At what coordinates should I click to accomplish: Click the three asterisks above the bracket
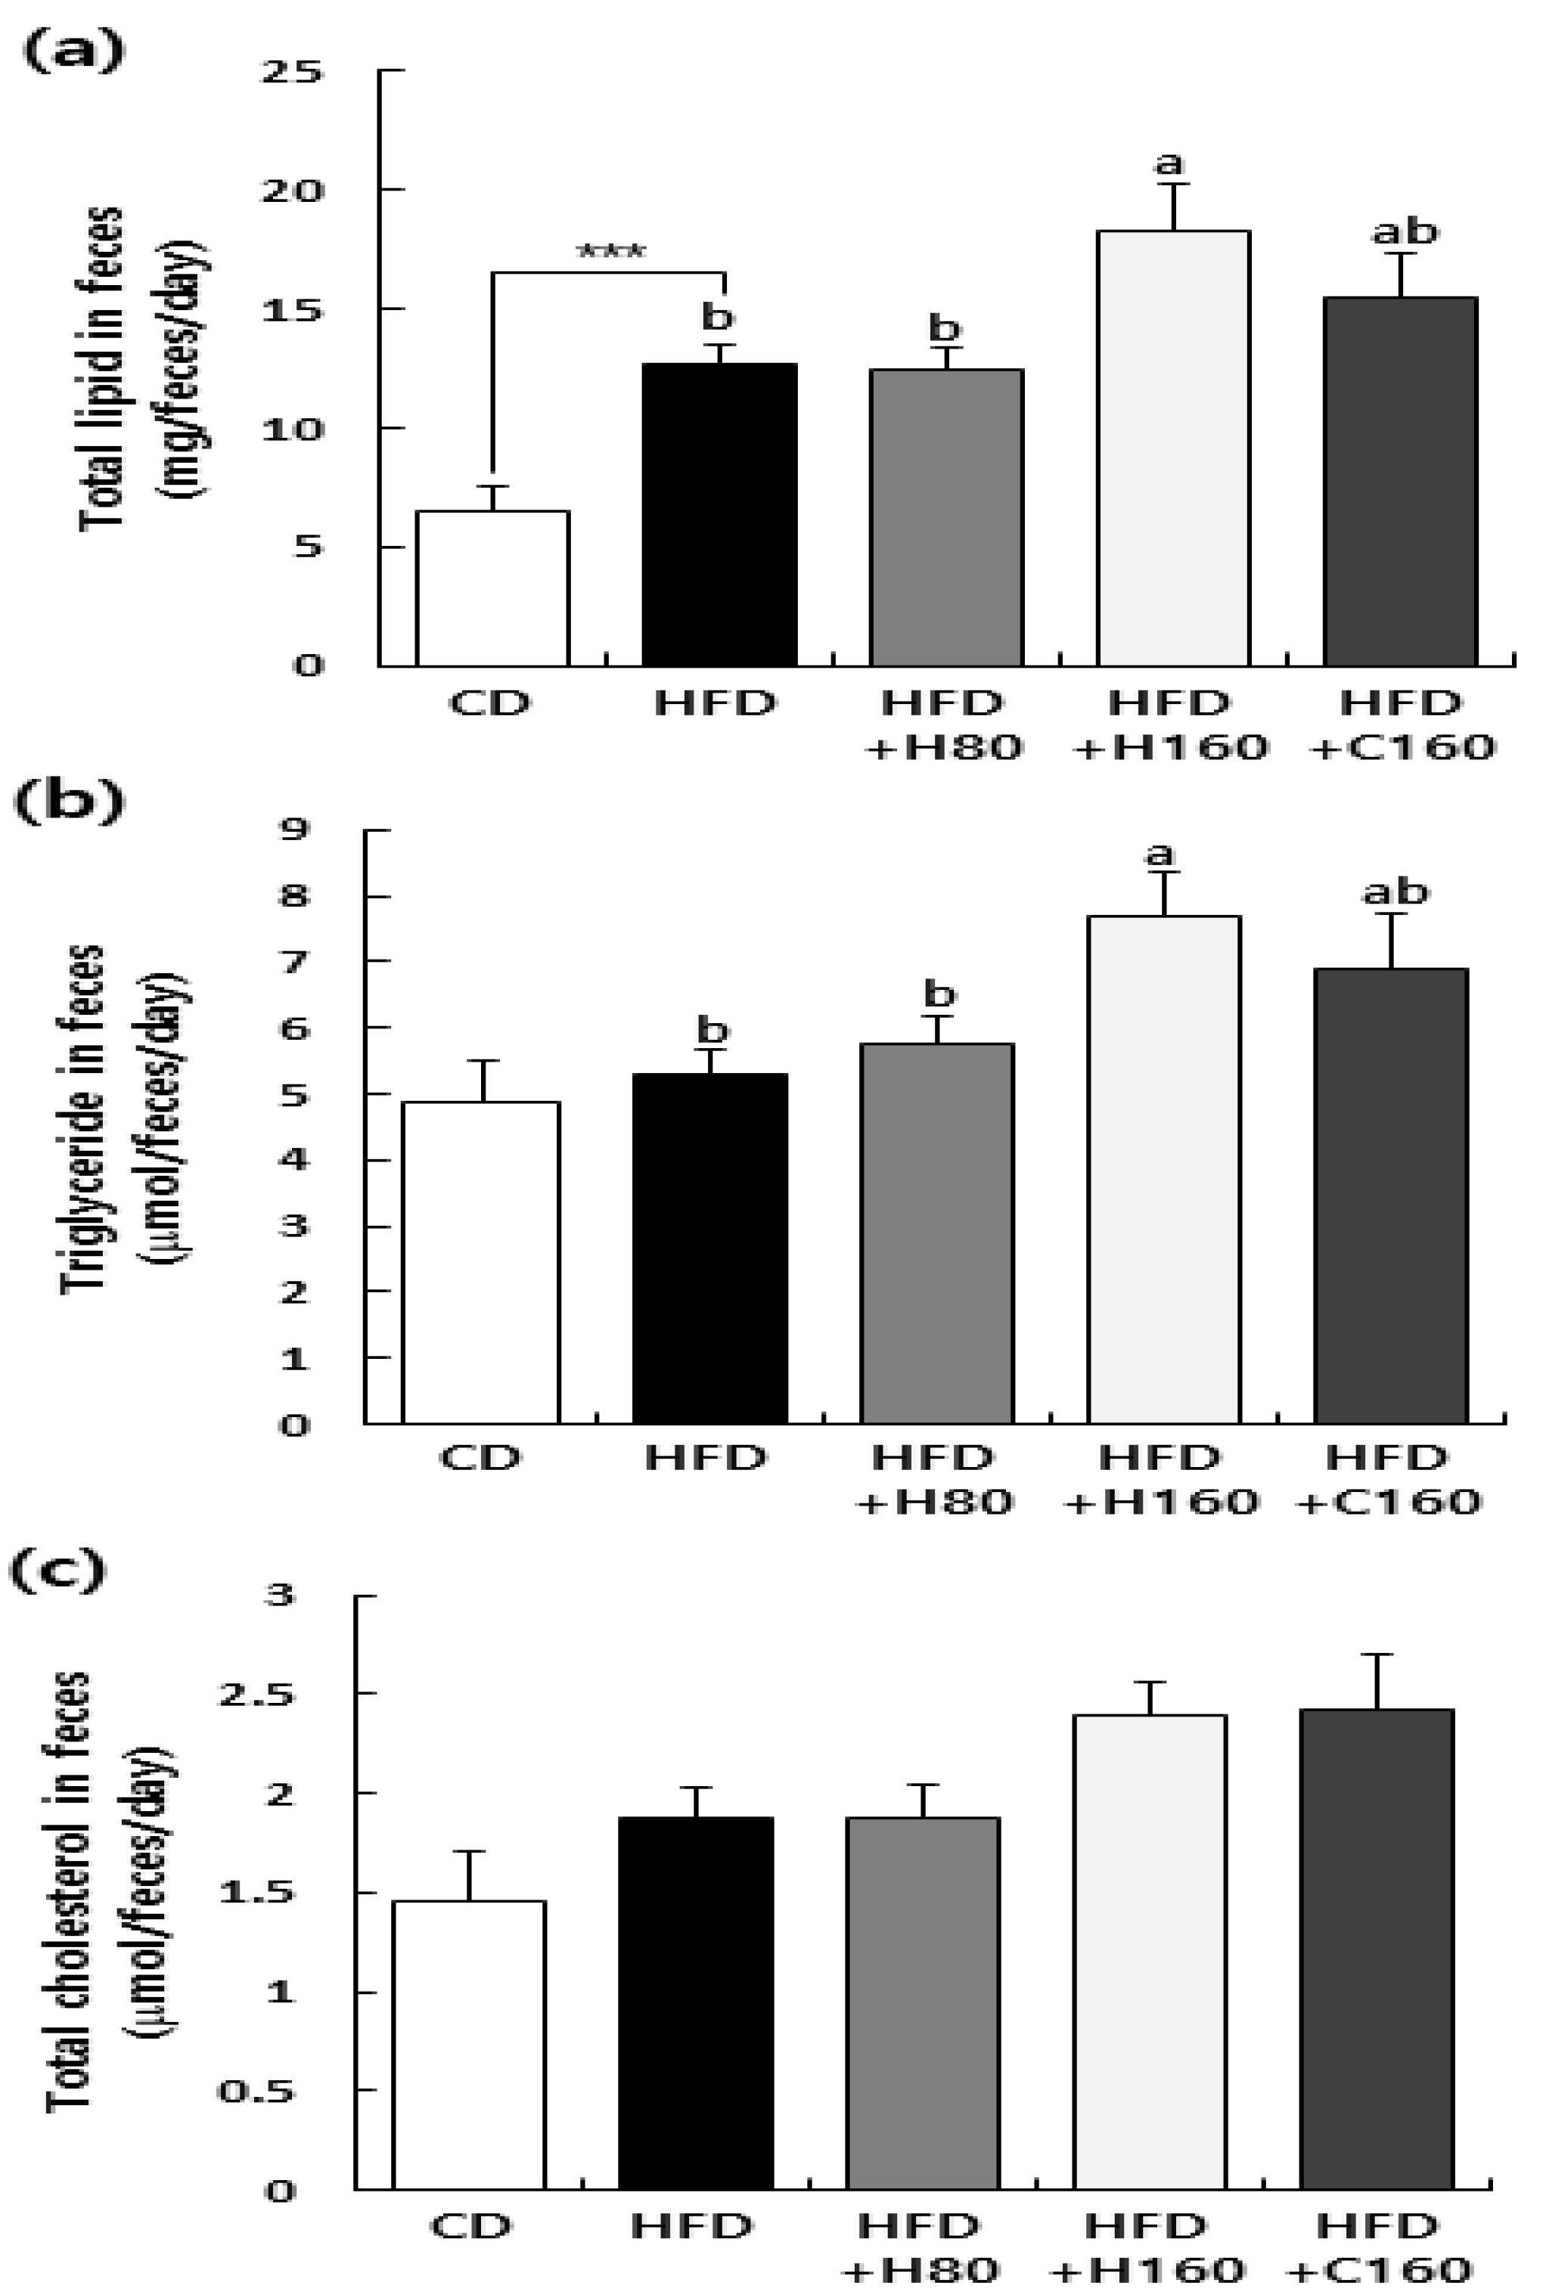coord(610,253)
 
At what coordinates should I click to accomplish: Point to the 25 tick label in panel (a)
coord(290,72)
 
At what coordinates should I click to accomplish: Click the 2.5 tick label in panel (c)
coord(256,1695)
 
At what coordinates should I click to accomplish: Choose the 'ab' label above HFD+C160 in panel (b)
coord(1395,892)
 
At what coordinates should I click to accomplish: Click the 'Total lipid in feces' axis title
coord(102,369)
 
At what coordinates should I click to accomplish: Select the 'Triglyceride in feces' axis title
coord(82,1118)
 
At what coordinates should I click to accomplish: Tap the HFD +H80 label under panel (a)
coord(942,725)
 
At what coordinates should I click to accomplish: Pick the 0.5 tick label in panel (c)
coord(256,2090)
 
